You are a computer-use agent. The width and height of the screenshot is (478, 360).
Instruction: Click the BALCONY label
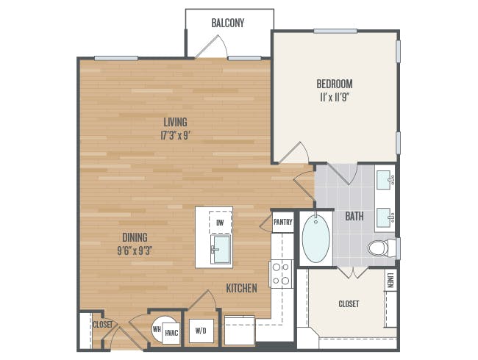tap(228, 23)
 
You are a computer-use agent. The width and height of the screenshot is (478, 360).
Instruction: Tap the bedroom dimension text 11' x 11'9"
tap(335, 98)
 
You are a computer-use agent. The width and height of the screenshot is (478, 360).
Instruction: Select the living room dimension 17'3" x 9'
tap(175, 135)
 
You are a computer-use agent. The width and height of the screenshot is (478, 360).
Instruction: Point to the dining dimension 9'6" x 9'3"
tap(135, 251)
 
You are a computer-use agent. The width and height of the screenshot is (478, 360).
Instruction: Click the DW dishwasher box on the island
tap(220, 223)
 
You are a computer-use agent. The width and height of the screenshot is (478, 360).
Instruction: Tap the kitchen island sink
tap(221, 249)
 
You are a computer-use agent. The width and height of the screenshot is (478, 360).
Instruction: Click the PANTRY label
tap(283, 222)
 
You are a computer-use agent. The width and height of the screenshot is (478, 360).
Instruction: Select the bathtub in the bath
tap(315, 238)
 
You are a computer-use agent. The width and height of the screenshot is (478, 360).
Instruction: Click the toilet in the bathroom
tap(382, 248)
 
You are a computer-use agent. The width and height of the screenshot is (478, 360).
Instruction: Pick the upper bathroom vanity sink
tap(385, 180)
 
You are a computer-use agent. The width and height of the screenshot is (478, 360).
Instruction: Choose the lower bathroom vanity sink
tap(385, 217)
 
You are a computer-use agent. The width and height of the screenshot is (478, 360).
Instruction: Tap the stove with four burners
tap(281, 274)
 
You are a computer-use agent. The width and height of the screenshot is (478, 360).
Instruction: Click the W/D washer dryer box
tap(201, 331)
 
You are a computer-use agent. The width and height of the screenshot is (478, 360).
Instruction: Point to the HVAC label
tap(171, 333)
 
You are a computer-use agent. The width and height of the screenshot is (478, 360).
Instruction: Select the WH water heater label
tap(157, 329)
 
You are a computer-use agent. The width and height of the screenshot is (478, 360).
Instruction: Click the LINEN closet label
tap(390, 280)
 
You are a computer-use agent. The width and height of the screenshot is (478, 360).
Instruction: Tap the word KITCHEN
tap(241, 288)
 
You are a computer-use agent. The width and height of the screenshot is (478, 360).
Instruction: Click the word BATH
tap(354, 216)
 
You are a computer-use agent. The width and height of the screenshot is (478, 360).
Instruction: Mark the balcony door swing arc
tap(225, 45)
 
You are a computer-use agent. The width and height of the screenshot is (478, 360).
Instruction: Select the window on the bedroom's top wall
tap(335, 31)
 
